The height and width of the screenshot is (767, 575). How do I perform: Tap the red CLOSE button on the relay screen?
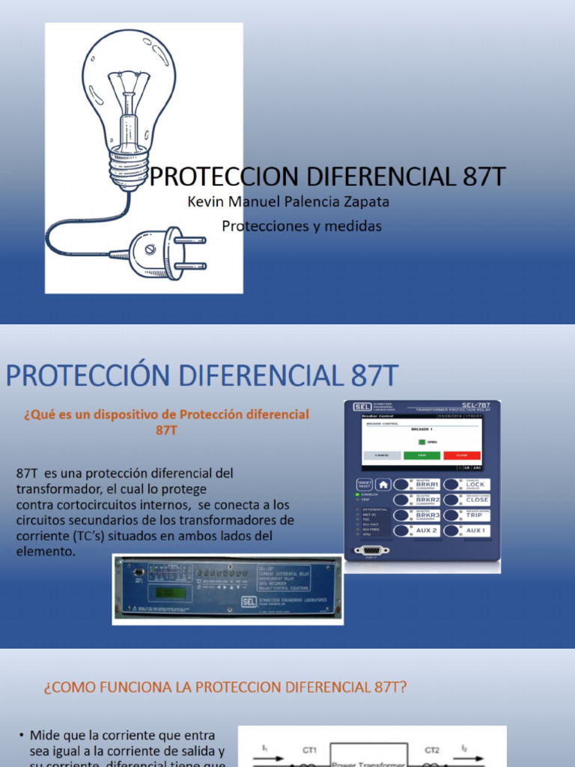click(x=461, y=455)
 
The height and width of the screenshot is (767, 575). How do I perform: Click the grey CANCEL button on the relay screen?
click(x=382, y=455)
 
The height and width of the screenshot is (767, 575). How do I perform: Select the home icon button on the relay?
click(x=383, y=485)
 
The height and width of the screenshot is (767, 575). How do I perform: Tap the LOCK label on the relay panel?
click(x=477, y=485)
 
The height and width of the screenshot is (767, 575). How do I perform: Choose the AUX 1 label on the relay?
click(x=477, y=530)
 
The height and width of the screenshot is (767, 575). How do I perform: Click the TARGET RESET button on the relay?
click(x=364, y=485)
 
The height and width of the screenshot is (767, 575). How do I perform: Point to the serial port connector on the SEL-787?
click(x=372, y=550)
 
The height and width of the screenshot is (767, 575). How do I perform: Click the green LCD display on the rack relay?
click(x=168, y=592)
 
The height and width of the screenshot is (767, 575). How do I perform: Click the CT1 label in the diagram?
click(x=309, y=749)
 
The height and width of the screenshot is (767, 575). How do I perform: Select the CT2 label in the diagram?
click(x=433, y=749)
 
